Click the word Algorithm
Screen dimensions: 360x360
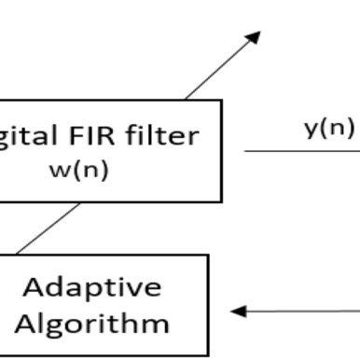(x=92, y=323)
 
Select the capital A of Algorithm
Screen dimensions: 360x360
(x=28, y=323)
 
